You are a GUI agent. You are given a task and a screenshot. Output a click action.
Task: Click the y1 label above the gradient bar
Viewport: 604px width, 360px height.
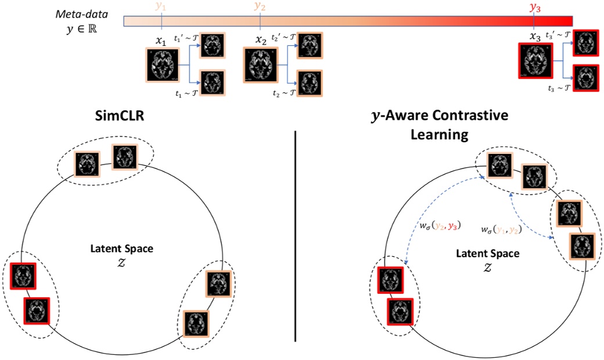161,7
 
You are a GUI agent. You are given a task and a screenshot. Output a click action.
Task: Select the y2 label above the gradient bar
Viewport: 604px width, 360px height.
260,7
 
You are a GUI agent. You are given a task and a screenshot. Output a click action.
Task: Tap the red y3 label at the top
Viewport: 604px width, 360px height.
534,7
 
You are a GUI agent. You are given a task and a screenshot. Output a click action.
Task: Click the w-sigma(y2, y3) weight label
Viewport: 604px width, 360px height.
439,225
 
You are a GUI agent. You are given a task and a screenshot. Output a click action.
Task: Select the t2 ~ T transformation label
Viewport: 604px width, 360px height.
284,92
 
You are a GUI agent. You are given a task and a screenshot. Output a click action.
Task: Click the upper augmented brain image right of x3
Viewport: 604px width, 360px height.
585,43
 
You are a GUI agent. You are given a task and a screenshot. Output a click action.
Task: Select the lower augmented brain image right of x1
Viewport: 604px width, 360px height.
213,82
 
